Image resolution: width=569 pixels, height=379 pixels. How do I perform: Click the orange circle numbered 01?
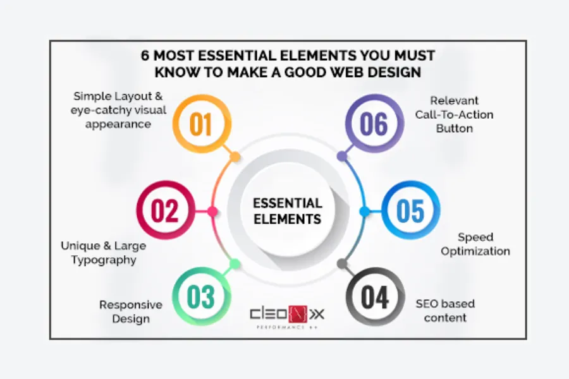click(x=200, y=124)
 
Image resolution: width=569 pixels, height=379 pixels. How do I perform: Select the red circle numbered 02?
click(x=165, y=211)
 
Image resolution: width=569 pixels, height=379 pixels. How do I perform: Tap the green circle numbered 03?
click(x=200, y=298)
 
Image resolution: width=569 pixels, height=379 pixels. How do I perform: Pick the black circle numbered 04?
click(x=375, y=298)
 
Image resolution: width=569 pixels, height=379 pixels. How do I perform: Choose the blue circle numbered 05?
click(x=410, y=211)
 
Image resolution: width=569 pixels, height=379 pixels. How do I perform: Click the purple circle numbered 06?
click(x=374, y=124)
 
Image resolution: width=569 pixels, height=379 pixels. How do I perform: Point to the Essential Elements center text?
click(x=288, y=212)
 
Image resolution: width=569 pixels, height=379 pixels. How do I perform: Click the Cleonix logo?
click(x=288, y=314)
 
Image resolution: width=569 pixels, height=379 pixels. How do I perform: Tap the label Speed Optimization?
click(x=475, y=244)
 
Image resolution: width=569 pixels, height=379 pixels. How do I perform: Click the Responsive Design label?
click(x=131, y=311)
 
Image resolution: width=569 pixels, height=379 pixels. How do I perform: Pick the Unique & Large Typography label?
click(x=103, y=252)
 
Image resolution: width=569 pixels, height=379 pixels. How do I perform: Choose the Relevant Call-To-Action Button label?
click(x=454, y=114)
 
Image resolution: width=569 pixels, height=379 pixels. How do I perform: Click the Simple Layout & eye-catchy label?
click(x=120, y=110)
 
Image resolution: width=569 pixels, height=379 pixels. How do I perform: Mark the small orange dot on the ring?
click(x=235, y=156)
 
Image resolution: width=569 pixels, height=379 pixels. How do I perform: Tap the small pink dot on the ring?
click(x=212, y=211)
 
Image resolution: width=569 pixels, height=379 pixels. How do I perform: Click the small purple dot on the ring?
click(x=342, y=156)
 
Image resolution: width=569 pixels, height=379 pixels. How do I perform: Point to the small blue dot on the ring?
click(x=364, y=211)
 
